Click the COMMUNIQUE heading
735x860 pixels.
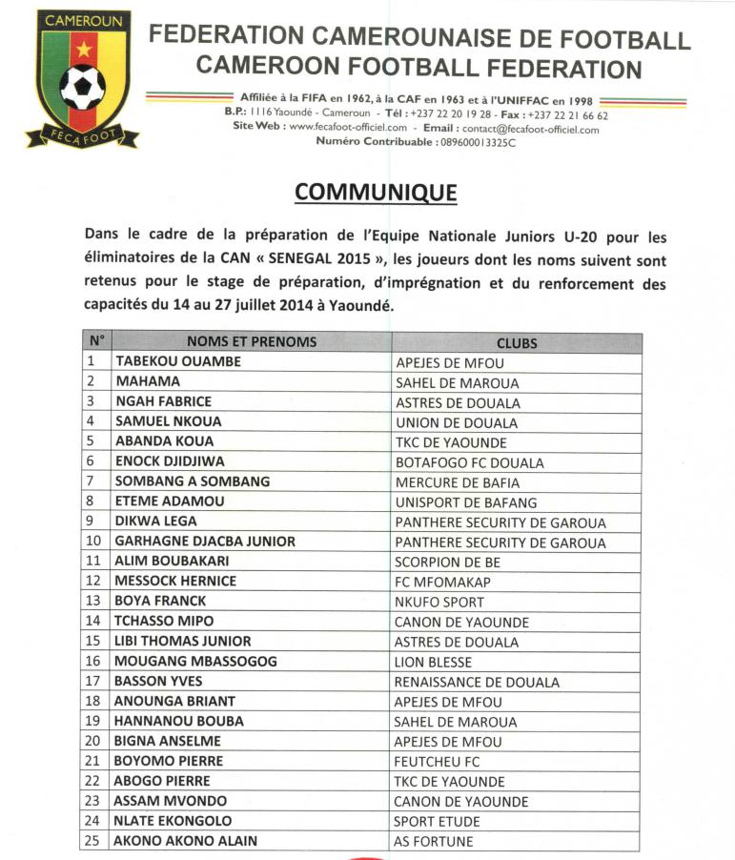point(376,192)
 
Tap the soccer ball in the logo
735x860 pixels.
point(82,86)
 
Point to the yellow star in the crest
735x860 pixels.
point(83,47)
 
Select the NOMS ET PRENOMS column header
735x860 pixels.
point(252,342)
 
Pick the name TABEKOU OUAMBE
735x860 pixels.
point(178,362)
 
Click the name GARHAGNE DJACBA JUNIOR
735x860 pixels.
point(205,542)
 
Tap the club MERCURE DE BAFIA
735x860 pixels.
point(453,482)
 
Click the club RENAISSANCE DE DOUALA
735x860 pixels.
point(477,682)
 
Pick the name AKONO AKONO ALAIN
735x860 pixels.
point(186,841)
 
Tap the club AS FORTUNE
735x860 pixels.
point(433,842)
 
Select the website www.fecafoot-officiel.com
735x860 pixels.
point(347,129)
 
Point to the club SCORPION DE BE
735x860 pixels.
point(447,563)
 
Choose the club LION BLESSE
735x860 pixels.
point(433,662)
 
